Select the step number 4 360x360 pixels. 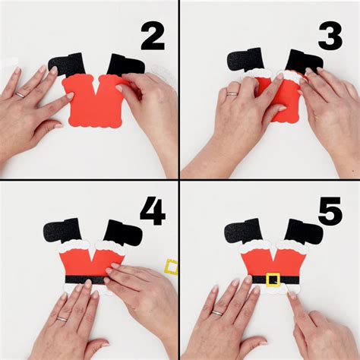click(x=152, y=212)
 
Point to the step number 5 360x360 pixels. click(x=330, y=212)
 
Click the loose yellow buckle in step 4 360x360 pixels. click(x=172, y=267)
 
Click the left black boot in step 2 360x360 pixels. click(x=67, y=64)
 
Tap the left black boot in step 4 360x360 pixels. click(x=68, y=230)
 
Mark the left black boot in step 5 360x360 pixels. click(x=244, y=231)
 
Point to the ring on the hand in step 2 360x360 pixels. click(x=20, y=94)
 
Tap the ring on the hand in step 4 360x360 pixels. click(x=62, y=319)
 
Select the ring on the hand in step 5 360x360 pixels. click(x=217, y=312)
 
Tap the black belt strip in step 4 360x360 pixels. click(x=84, y=279)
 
